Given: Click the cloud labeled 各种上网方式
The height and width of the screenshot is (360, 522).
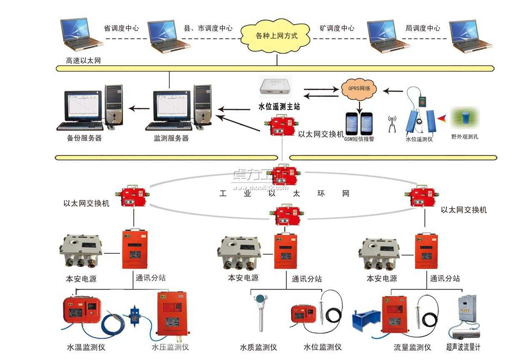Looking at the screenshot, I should [x=276, y=36].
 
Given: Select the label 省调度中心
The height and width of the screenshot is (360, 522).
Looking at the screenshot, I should [x=121, y=28].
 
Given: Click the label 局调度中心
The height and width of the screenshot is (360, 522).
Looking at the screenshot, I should [x=422, y=28].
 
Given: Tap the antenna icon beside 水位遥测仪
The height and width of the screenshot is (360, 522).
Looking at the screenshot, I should [x=391, y=124].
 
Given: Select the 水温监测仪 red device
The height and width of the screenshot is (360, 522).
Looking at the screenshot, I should [x=81, y=311].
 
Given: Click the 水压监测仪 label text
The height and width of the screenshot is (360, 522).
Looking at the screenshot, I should [x=170, y=347].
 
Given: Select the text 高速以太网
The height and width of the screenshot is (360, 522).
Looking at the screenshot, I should [x=83, y=61].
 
